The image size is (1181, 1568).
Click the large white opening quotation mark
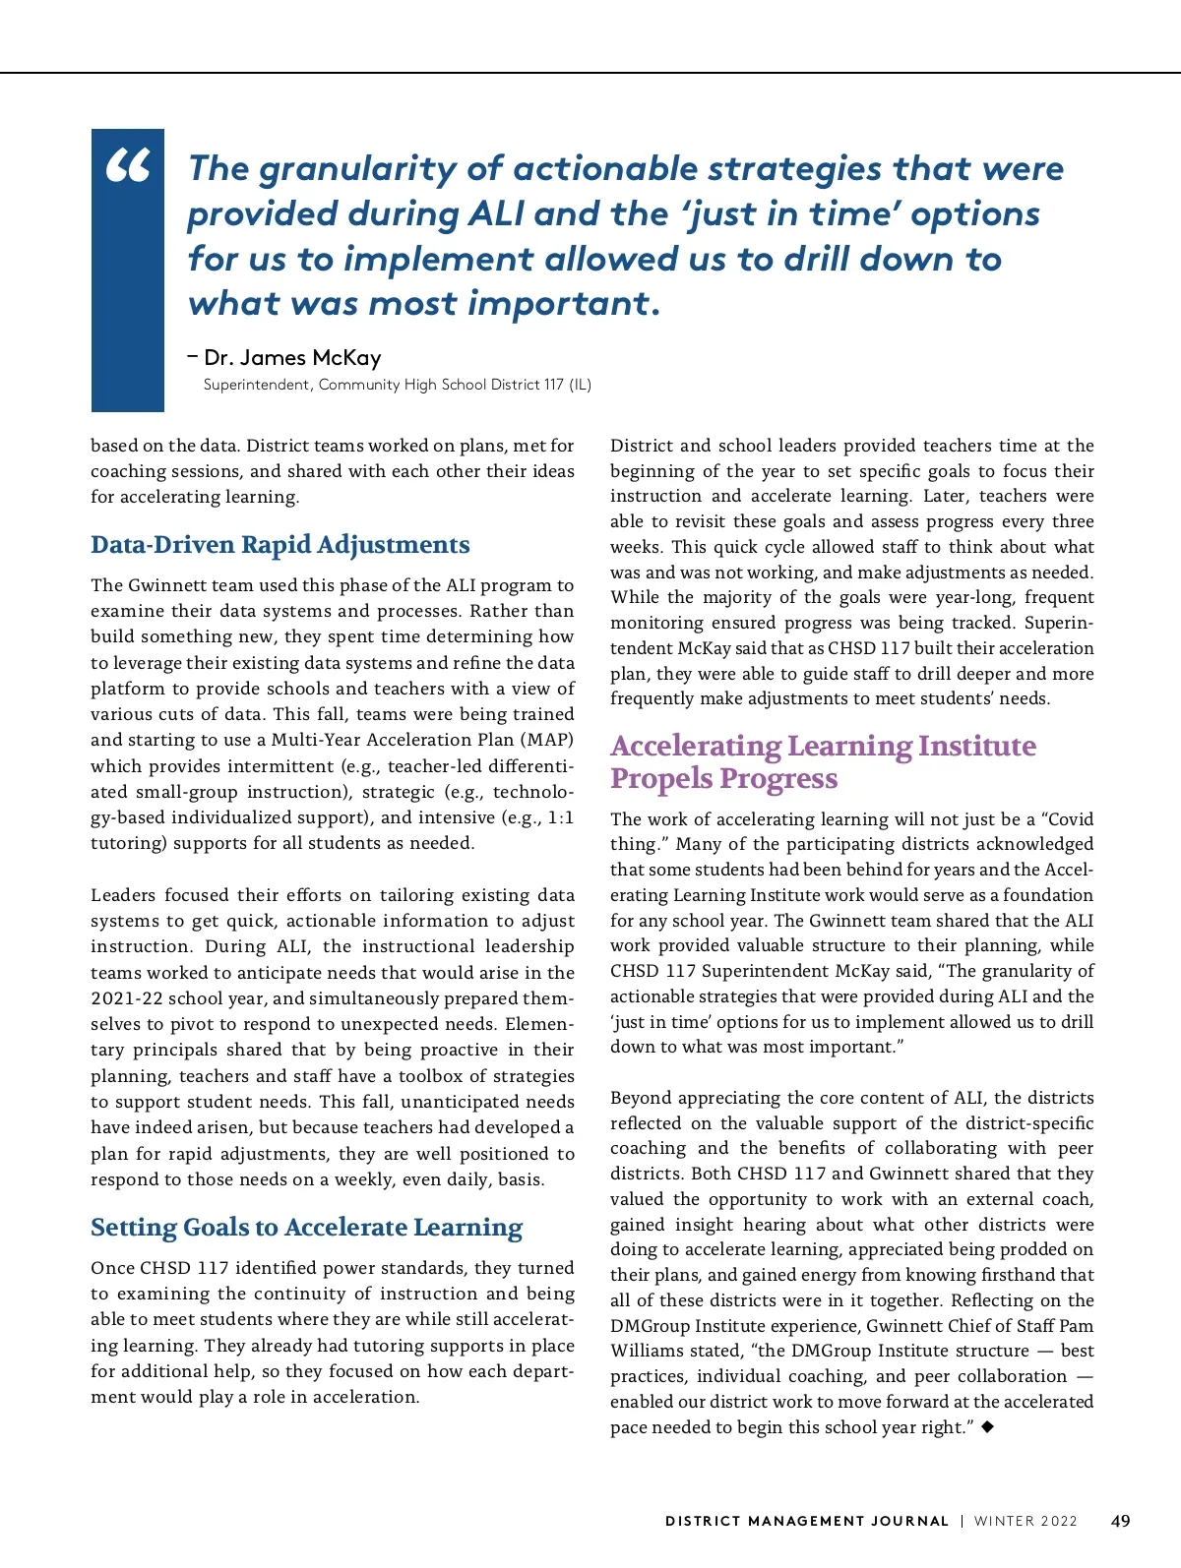128,166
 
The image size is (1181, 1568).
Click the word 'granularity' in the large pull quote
357,169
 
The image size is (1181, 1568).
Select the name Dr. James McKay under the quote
292,358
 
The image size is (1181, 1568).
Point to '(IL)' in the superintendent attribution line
580,385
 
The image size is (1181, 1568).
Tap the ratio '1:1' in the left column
560,817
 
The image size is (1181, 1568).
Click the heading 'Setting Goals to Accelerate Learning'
306,1228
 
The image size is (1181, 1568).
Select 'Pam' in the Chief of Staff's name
1077,1326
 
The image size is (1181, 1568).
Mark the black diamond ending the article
988,1426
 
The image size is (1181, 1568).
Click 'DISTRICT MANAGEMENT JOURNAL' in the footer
807,1521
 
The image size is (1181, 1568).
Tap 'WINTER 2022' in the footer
1026,1521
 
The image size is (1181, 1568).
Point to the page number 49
1120,1521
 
